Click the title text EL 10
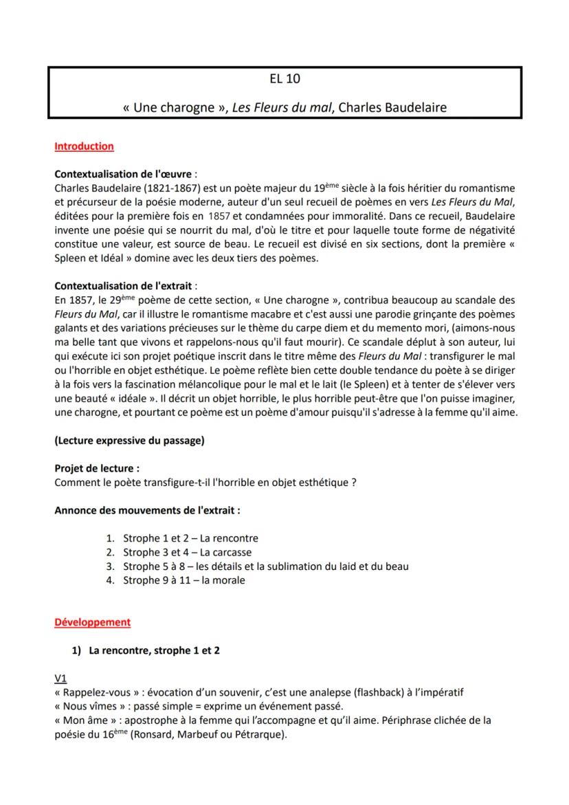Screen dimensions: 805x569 284,79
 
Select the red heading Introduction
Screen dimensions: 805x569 84,146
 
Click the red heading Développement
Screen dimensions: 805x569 92,622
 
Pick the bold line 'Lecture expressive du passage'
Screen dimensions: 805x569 129,441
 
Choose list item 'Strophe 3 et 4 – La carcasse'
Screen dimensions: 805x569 187,552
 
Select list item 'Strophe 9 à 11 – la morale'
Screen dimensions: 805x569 183,580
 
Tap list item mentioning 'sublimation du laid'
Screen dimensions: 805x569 266,566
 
